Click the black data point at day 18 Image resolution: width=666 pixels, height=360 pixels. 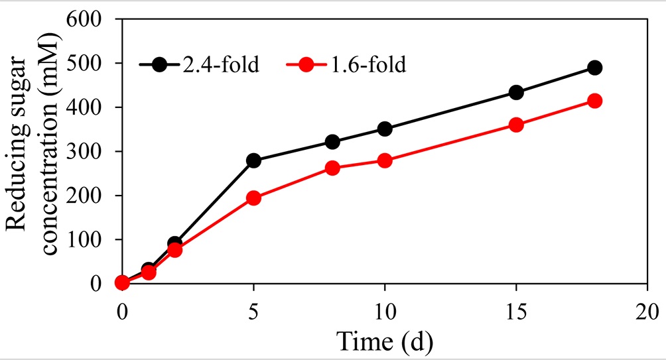coord(595,68)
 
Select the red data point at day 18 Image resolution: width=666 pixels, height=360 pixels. coord(595,101)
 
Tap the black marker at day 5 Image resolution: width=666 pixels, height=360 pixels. coord(253,160)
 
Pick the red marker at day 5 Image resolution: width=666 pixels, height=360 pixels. coord(253,198)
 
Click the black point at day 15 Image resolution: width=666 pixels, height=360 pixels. coord(516,92)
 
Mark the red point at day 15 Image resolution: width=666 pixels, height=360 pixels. coord(516,125)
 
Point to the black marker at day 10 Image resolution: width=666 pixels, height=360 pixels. coord(385,129)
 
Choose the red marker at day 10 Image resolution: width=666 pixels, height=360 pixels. coord(385,160)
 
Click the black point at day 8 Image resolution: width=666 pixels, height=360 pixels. coord(332,142)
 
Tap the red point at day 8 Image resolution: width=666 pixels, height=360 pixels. coord(332,168)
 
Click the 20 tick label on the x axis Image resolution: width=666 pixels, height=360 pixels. coord(647,311)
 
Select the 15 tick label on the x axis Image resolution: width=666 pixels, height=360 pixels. coord(515,311)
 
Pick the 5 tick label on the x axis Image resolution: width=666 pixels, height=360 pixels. coord(253,311)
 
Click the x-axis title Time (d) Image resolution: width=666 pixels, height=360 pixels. coord(384,341)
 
